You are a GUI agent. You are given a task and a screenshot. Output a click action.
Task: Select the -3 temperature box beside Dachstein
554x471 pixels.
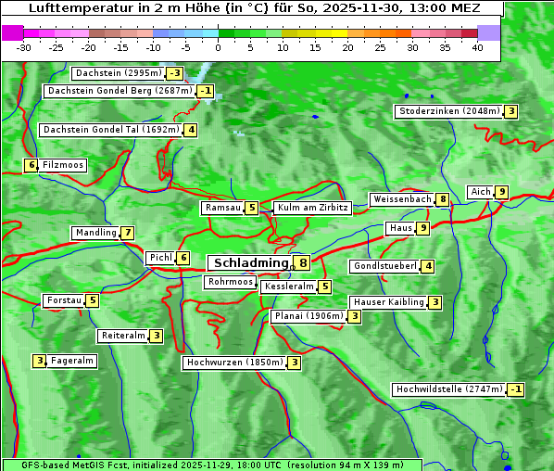tap(174, 73)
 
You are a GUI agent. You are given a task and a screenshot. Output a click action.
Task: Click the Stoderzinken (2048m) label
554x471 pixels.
tap(448, 111)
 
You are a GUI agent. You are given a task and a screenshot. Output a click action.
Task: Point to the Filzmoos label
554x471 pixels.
tap(63, 165)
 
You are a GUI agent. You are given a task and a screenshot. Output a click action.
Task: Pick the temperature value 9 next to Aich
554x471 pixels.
tap(501, 192)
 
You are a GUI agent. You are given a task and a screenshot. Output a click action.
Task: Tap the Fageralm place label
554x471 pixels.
tap(71, 361)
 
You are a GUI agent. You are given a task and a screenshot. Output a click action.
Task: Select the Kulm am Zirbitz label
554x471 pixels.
tap(312, 209)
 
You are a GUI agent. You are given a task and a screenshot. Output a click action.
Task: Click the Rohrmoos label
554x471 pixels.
tap(230, 282)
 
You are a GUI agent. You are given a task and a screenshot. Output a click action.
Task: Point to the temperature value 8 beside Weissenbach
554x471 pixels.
tap(443, 199)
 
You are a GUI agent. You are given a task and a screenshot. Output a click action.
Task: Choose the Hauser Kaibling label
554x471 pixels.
tap(388, 302)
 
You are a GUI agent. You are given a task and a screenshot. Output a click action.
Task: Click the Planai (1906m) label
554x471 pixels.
tap(308, 316)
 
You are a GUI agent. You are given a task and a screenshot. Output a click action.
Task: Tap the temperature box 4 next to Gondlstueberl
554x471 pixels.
tap(427, 267)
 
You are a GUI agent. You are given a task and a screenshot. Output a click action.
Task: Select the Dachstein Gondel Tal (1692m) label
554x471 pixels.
tap(110, 130)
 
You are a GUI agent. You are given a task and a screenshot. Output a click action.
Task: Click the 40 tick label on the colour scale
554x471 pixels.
tap(477, 47)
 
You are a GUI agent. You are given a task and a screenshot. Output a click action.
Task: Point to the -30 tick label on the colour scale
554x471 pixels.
tap(24, 47)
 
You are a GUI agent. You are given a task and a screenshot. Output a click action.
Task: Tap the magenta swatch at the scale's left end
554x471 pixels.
tap(12, 32)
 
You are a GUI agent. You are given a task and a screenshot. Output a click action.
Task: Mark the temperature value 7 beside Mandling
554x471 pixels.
tap(127, 233)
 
